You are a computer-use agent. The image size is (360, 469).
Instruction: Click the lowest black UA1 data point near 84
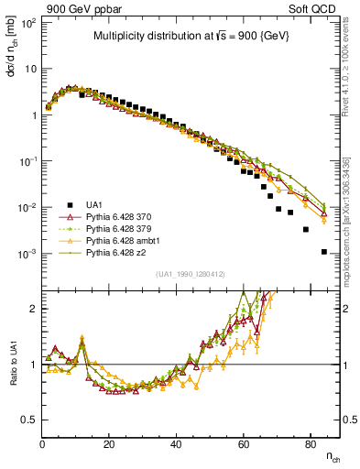pyautogui.click(x=324, y=251)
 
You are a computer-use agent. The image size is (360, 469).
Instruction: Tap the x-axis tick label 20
pyautogui.click(x=109, y=445)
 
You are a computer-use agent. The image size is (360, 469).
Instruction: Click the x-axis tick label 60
pyautogui.click(x=243, y=445)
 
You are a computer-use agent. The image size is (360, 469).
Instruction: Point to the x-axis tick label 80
pyautogui.click(x=310, y=445)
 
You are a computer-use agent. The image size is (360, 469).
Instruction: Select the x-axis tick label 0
pyautogui.click(x=43, y=445)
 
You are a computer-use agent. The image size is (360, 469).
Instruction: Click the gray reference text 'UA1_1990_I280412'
pyautogui.click(x=191, y=274)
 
